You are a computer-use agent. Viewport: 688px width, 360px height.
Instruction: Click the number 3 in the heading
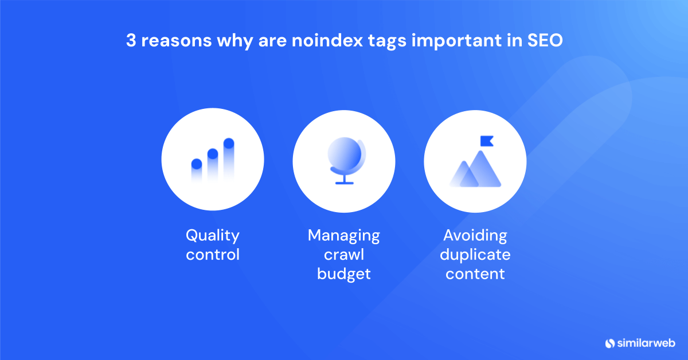pyautogui.click(x=130, y=43)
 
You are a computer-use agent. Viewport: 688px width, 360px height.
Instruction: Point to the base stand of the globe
pyautogui.click(x=344, y=182)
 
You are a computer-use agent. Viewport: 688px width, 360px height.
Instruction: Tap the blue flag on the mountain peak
pyautogui.click(x=486, y=140)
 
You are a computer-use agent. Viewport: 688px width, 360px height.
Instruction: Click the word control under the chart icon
pyautogui.click(x=212, y=255)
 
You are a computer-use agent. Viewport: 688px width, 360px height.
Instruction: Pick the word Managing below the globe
pyautogui.click(x=344, y=236)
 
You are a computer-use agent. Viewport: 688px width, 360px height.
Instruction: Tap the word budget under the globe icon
pyautogui.click(x=344, y=274)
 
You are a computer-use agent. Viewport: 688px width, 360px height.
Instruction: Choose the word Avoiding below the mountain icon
pyautogui.click(x=475, y=236)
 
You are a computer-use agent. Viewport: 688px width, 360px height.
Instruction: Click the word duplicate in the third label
pyautogui.click(x=475, y=255)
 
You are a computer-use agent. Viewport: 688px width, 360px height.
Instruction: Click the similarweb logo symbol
pyautogui.click(x=610, y=343)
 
